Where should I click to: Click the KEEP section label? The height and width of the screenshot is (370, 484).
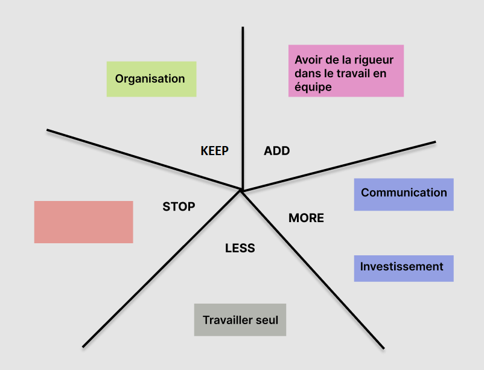214,151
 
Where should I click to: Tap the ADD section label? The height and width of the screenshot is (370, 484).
277,151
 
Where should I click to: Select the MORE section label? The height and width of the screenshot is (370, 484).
306,218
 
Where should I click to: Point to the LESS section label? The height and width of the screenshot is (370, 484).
240,248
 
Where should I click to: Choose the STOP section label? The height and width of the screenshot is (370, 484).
179,206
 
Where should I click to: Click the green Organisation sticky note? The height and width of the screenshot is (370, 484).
151,79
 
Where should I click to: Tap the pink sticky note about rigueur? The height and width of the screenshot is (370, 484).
346,71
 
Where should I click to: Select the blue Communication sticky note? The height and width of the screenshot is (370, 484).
404,194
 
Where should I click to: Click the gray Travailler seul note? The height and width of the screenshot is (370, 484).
240,320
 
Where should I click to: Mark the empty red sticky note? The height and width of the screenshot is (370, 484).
83,222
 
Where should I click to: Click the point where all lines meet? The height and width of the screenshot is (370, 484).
241,191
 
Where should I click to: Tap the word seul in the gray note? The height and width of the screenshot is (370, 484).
266,320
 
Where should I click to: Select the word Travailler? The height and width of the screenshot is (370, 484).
227,320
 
